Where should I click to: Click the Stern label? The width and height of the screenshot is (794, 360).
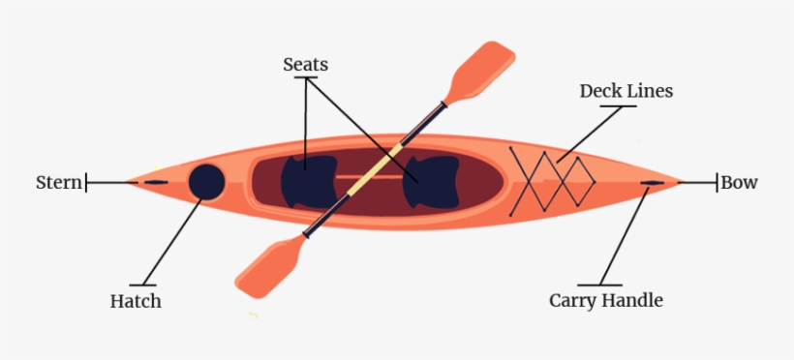click(58, 182)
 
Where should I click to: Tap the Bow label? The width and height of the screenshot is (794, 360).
click(739, 182)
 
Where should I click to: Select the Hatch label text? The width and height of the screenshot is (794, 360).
click(136, 301)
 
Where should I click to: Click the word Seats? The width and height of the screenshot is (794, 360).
click(305, 65)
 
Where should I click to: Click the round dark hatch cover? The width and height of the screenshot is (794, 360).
click(206, 181)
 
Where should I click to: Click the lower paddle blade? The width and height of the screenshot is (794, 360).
click(269, 267)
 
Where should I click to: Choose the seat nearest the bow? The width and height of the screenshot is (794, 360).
click(431, 181)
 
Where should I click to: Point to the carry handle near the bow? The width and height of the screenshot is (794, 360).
click(652, 182)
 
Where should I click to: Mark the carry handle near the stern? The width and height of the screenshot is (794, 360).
click(155, 182)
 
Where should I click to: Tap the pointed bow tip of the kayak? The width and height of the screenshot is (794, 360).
click(681, 182)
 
